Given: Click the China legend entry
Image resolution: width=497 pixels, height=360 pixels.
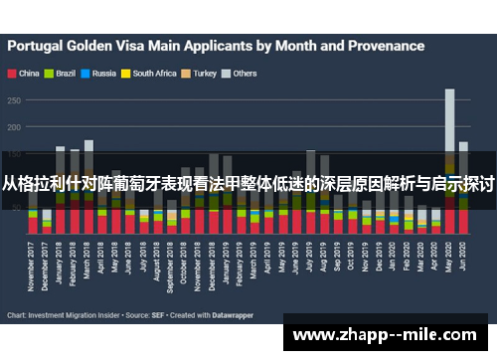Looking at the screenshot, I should point(28,73).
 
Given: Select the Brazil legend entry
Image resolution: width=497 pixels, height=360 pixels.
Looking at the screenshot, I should point(65,73).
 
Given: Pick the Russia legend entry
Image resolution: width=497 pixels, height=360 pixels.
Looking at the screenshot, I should point(102,73).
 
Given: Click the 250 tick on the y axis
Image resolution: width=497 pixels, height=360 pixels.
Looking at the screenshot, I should point(14,100).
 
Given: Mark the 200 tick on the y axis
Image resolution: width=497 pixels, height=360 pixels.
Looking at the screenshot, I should point(14,127).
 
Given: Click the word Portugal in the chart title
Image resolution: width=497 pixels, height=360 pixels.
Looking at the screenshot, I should point(40,45).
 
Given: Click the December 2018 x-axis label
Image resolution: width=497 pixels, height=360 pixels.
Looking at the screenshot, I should point(214,270).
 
